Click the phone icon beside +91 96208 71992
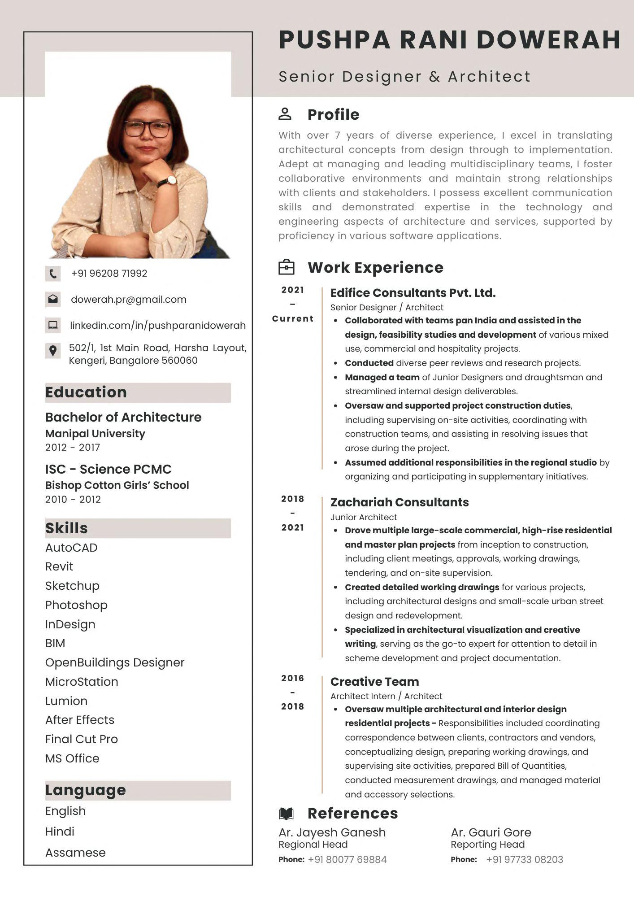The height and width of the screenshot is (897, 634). [x=53, y=274]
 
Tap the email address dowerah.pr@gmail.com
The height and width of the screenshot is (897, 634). [x=128, y=300]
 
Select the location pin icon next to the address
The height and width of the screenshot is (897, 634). [x=53, y=351]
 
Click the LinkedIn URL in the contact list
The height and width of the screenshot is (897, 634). [x=158, y=326]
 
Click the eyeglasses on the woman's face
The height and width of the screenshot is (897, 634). [x=148, y=129]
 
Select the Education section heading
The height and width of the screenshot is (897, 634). [x=86, y=392]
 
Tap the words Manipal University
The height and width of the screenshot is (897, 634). [x=95, y=434]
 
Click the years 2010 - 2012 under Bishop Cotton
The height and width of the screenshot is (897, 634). [x=73, y=500]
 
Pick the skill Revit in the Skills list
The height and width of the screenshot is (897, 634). [x=59, y=567]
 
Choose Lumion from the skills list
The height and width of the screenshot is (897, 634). [x=66, y=701]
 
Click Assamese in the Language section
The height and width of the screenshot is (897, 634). [x=75, y=853]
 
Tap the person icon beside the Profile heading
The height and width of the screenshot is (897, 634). [x=285, y=114]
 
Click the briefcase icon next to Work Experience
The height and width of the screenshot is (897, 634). [x=287, y=267]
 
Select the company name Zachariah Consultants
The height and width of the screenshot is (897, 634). [x=400, y=502]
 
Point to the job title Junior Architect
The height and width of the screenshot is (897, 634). [x=364, y=517]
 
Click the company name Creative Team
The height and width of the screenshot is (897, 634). [x=374, y=682]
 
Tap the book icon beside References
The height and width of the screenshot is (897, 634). [x=286, y=813]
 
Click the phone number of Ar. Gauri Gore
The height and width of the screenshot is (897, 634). [x=524, y=860]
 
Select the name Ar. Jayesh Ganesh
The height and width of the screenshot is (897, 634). [x=332, y=832]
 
